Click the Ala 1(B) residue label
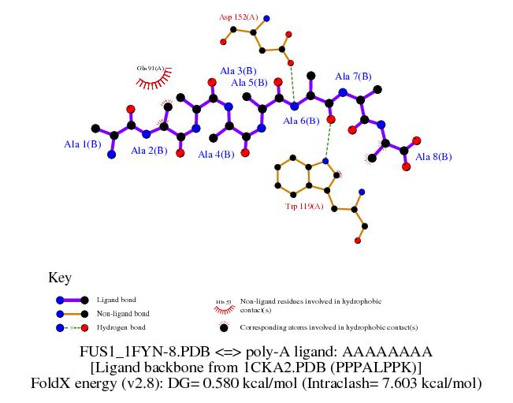pyautogui.click(x=82, y=144)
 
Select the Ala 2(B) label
pyautogui.click(x=149, y=151)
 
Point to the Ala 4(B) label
pyautogui.click(x=216, y=155)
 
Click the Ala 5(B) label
pyautogui.click(x=249, y=82)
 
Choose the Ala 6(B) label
pyautogui.click(x=301, y=121)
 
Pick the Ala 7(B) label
pyautogui.click(x=353, y=76)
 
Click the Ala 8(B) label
pyautogui.click(x=433, y=157)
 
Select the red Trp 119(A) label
pyautogui.click(x=304, y=207)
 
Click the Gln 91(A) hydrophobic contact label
pyautogui.click(x=150, y=69)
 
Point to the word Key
pyautogui.click(x=60, y=278)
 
